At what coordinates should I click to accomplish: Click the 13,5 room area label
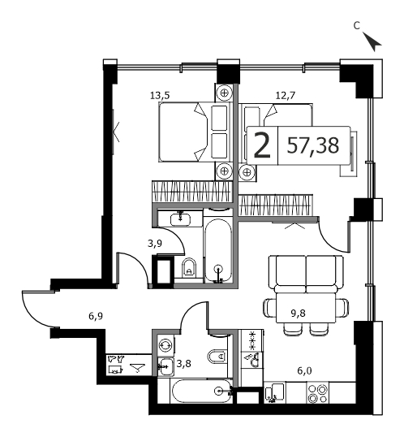click(x=160, y=96)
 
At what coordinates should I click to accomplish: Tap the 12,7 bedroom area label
click(x=285, y=96)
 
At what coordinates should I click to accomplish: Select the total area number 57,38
click(x=313, y=145)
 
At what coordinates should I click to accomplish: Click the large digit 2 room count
click(x=262, y=145)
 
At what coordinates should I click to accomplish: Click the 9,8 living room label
click(x=299, y=314)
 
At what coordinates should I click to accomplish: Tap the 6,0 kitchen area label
click(x=304, y=370)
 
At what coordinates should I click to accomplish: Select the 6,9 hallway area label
click(x=96, y=316)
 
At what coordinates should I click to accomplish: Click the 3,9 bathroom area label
click(x=155, y=244)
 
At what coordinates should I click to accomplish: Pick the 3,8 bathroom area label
click(x=184, y=363)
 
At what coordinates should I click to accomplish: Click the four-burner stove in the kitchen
click(x=318, y=393)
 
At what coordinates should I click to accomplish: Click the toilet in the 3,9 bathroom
click(x=189, y=268)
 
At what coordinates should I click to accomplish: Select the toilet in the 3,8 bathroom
click(x=217, y=356)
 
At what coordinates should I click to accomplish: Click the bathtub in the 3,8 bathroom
click(x=201, y=391)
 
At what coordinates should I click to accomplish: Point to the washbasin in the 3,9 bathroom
click(x=180, y=218)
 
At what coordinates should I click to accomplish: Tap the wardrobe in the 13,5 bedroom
click(x=192, y=191)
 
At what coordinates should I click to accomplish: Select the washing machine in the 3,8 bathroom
click(x=165, y=345)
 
